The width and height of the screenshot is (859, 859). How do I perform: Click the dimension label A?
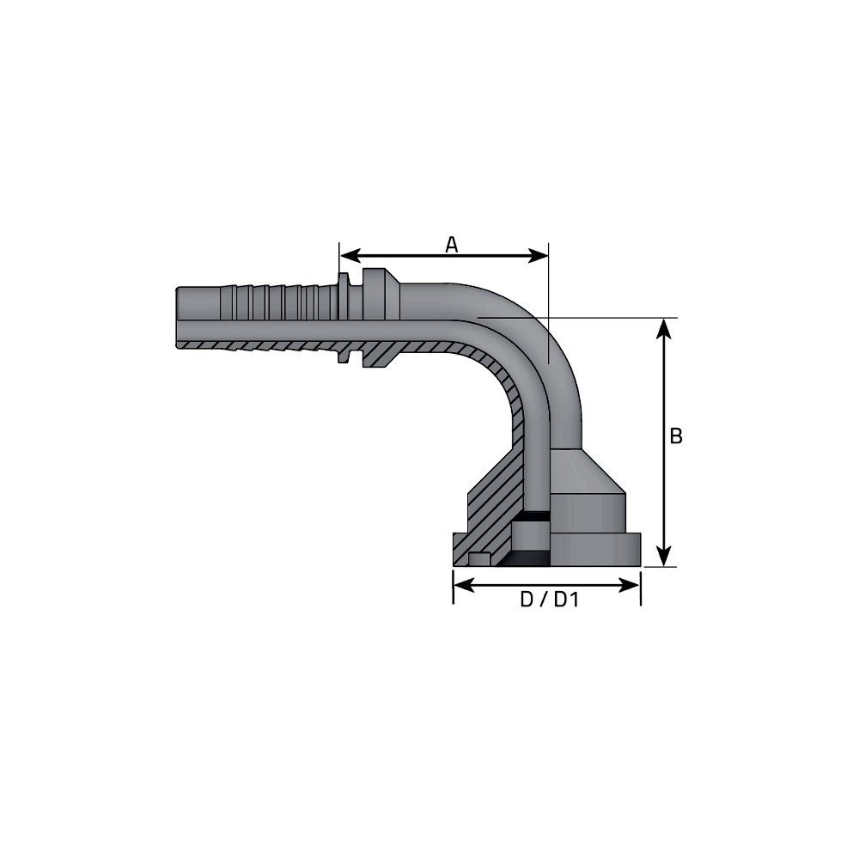coord(451,245)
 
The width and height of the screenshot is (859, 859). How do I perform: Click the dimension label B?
coord(676,436)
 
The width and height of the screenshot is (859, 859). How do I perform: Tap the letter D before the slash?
coord(527,600)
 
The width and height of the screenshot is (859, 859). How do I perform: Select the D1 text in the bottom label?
coord(566,600)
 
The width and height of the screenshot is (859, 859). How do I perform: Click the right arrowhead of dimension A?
coord(538,255)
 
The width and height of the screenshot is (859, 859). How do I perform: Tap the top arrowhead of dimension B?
coord(664,329)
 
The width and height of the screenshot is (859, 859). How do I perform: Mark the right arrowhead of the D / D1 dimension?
coord(629,585)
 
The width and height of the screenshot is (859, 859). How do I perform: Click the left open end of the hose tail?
coord(177,317)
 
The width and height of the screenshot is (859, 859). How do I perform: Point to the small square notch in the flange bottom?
coord(479,559)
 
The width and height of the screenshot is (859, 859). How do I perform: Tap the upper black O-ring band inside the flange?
coord(531,516)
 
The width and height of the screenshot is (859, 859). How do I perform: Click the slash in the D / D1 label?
coord(544,600)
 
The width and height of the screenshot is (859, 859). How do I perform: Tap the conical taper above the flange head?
coord(586,470)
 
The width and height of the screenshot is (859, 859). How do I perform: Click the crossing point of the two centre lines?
coord(548,318)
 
